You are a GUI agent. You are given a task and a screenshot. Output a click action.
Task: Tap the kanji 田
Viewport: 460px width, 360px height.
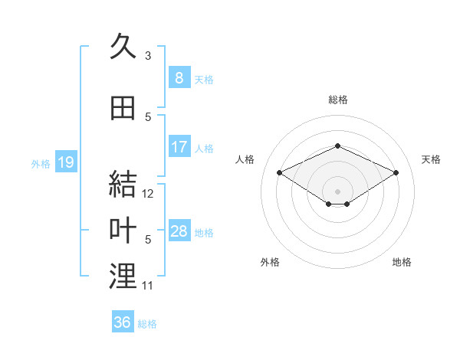click(x=123, y=109)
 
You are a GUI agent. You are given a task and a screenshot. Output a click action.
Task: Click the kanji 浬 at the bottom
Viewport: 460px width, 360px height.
click(x=123, y=277)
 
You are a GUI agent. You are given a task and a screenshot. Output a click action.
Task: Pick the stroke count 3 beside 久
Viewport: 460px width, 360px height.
click(x=148, y=55)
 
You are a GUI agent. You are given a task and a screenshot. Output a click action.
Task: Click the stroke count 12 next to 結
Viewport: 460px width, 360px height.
click(x=148, y=194)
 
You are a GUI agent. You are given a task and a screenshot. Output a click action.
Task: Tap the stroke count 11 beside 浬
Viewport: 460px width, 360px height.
click(x=148, y=286)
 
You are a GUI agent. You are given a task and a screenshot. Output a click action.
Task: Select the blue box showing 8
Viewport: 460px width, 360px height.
click(x=179, y=78)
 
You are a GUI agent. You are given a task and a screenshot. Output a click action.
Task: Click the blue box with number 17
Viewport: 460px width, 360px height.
click(x=179, y=147)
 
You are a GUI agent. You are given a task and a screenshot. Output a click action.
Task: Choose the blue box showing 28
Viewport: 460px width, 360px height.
click(x=179, y=231)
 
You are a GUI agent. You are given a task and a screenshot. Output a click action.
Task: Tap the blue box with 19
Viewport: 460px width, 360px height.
click(x=65, y=162)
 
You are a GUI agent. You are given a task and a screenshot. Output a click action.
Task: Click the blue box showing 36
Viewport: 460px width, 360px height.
click(x=122, y=322)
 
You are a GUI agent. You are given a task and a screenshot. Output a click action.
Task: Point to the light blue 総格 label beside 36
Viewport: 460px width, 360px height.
click(x=147, y=324)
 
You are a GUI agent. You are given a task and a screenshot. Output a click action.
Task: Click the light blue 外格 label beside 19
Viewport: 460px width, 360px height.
click(x=41, y=163)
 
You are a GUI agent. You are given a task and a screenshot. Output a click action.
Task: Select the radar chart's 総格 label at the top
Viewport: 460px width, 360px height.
click(x=337, y=100)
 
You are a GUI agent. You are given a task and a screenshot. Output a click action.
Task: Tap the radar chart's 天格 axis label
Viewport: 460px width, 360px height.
click(x=432, y=159)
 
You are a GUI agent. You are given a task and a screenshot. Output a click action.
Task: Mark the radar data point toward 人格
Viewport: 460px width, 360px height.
click(x=279, y=172)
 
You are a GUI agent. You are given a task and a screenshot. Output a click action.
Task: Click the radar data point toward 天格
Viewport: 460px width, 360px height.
click(x=396, y=172)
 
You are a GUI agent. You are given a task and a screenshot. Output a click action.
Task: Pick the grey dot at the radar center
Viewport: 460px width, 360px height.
click(x=337, y=191)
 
